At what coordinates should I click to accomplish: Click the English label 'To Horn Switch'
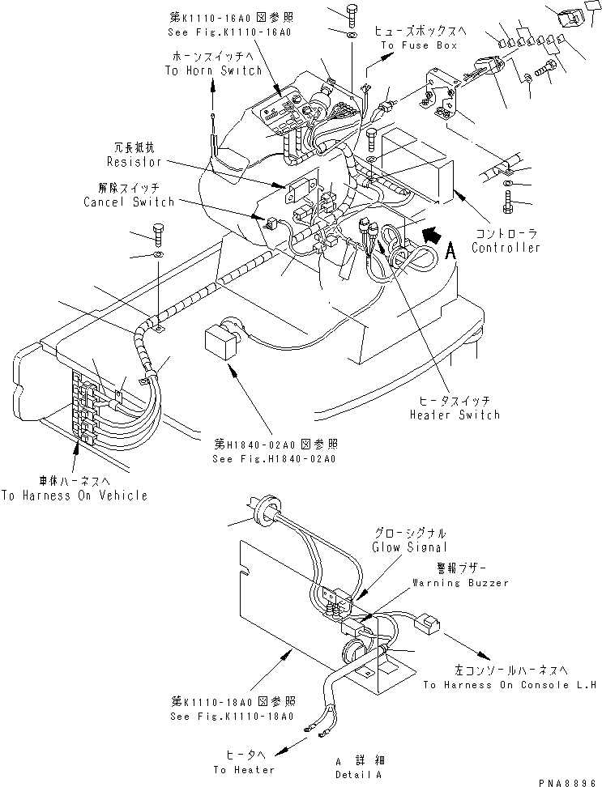tap(214, 71)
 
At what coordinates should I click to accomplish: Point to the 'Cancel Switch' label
tap(129, 201)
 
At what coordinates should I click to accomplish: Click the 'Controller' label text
tap(506, 248)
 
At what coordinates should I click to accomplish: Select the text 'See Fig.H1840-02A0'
tap(276, 458)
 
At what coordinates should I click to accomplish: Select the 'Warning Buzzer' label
tap(460, 582)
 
